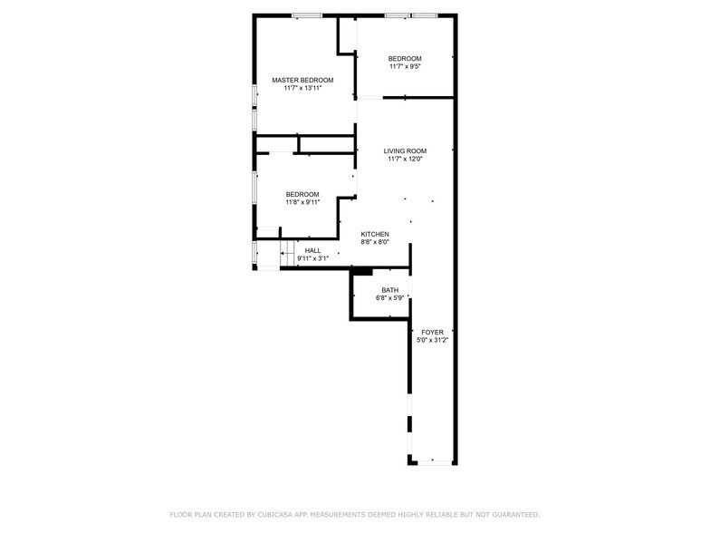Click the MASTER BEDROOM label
302,80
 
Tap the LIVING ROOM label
404,150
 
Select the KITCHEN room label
375,234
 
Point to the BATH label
389,290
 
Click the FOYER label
432,333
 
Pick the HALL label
312,250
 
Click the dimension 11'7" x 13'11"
302,89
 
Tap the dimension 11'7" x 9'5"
405,66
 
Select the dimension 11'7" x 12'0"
404,160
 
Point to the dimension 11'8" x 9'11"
302,202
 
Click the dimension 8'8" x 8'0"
375,242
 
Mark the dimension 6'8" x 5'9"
389,298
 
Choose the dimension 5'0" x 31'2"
432,341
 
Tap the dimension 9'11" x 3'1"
312,258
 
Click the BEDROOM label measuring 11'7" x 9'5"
405,58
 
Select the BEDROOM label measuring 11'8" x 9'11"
302,194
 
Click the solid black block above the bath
362,270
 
